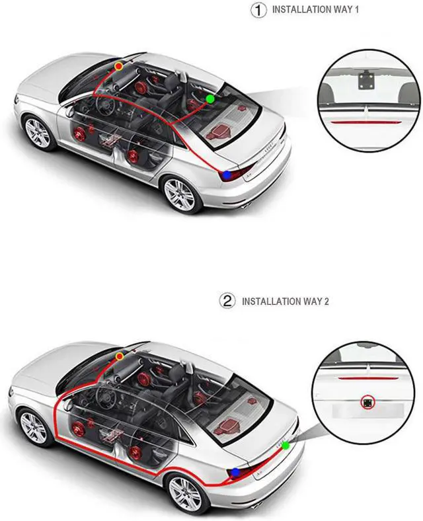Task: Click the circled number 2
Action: [227, 301]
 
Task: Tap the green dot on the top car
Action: [210, 99]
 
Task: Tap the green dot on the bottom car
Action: [286, 446]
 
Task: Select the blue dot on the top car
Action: [227, 175]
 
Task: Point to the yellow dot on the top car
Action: [119, 66]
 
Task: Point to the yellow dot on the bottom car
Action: [119, 356]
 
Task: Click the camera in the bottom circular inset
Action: [367, 402]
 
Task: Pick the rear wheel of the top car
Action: [180, 194]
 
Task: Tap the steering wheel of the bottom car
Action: [106, 397]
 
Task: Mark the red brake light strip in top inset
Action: [368, 122]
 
